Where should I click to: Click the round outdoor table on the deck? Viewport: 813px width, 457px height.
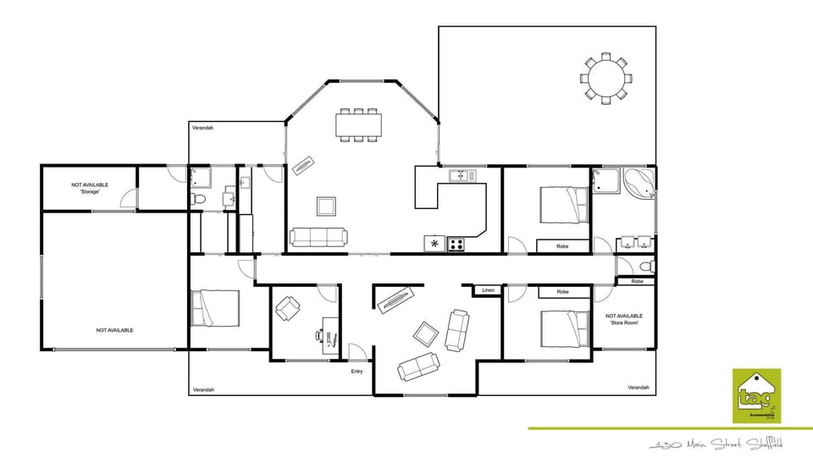pos(605,79)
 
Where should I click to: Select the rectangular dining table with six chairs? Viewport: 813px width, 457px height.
pos(359,124)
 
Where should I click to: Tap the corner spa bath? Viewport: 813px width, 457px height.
pos(638,183)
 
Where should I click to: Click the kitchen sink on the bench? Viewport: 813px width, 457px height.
pos(462,175)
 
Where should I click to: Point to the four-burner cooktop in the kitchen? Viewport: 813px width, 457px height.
pos(456,245)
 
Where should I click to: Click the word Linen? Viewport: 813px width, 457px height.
pos(488,290)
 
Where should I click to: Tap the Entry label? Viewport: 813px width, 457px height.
pos(358,371)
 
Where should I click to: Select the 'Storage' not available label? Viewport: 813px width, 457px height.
pos(89,188)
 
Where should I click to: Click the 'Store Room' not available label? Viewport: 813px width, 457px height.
pos(624,319)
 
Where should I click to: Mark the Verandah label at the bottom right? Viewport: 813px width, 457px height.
pos(639,388)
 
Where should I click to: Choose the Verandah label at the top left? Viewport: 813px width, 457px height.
pos(203,128)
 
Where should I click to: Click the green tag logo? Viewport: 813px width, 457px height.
pos(756,395)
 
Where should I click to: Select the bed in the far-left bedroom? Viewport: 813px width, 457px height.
pos(216,308)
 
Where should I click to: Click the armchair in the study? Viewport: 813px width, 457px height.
pos(287,309)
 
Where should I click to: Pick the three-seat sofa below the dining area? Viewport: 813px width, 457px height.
pos(318,237)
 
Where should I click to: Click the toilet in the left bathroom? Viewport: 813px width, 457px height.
pos(198,199)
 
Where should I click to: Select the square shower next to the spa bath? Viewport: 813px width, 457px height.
pos(605,179)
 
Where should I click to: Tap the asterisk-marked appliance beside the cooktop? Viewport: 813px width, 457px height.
pos(434,245)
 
